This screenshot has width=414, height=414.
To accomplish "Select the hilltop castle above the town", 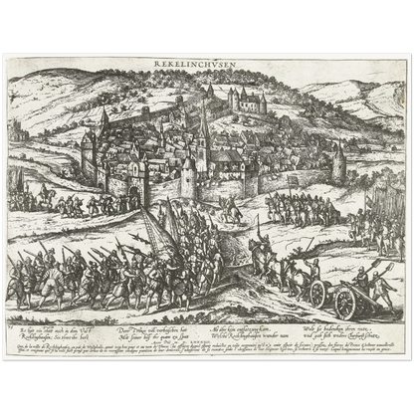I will coord(246,98).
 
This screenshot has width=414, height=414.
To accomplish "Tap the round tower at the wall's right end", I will coord(338,162).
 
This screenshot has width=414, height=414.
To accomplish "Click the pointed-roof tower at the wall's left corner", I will coord(88,149).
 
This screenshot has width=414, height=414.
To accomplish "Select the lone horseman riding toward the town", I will coord(231,209).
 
